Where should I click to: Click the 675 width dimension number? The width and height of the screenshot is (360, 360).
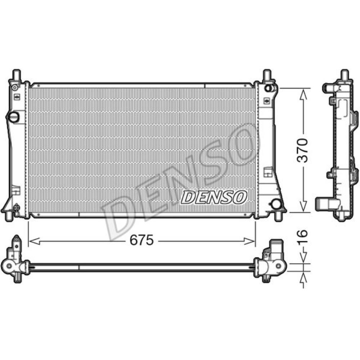tap(142, 240)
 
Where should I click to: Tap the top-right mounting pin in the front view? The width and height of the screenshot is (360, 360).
tap(267, 75)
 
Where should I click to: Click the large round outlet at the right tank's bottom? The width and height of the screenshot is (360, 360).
tap(276, 204)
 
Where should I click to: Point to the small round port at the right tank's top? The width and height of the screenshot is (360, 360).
tap(268, 88)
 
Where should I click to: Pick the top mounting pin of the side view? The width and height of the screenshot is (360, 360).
tap(344, 75)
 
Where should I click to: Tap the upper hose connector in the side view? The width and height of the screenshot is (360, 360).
tap(328, 87)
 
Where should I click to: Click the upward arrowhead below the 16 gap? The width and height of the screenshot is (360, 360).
tap(303, 276)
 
